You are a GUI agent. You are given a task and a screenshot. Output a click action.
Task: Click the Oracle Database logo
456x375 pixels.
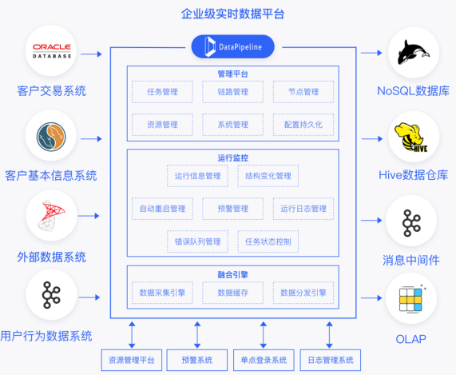[52, 51]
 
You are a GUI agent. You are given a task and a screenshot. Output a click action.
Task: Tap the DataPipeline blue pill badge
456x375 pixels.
[232, 46]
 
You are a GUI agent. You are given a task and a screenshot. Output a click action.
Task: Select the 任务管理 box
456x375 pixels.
[162, 92]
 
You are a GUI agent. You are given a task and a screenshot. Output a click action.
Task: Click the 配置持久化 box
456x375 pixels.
[303, 125]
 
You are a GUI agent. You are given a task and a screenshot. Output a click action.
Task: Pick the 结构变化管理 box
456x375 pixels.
[268, 176]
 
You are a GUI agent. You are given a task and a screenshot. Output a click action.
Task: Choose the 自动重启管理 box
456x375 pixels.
[162, 209]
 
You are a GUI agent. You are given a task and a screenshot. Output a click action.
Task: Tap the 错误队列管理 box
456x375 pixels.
[197, 241]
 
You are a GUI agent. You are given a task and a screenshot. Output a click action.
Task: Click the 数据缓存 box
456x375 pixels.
[232, 293]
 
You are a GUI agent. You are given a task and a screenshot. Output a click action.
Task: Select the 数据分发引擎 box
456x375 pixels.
[303, 293]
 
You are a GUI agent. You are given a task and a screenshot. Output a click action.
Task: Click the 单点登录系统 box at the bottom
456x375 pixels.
[264, 360]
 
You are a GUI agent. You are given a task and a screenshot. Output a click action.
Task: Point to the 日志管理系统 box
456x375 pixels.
[331, 360]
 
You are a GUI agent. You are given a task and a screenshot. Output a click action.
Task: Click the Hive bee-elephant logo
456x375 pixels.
[412, 138]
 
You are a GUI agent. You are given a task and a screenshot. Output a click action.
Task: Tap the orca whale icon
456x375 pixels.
[413, 53]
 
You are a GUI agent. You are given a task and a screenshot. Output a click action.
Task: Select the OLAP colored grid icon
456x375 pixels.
[410, 299]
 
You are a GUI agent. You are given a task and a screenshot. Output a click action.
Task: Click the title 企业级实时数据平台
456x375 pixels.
[232, 14]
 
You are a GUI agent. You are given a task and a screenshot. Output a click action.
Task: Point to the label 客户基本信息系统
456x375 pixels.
[51, 176]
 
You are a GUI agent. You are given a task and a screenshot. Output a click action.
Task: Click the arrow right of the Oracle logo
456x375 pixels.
[91, 54]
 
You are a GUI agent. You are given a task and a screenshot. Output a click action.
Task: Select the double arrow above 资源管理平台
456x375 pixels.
[132, 335]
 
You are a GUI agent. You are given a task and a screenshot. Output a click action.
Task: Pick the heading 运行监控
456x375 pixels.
[232, 158]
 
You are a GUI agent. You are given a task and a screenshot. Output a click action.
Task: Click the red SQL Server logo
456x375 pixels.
[51, 215]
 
